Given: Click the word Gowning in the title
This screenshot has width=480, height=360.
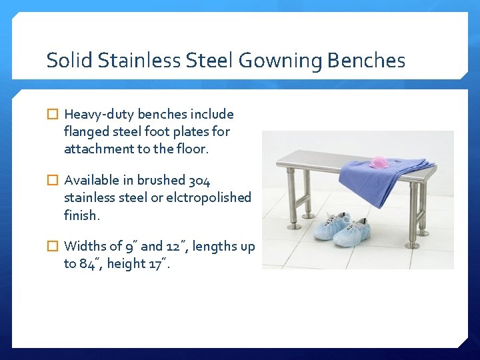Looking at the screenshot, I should click(x=280, y=61).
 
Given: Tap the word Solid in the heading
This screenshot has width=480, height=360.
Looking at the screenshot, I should click(x=70, y=61).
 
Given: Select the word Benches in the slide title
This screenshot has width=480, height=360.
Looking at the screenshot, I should click(x=366, y=61).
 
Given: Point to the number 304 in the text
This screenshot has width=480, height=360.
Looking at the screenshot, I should click(x=199, y=181).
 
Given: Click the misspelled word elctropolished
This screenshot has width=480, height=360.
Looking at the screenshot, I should click(x=210, y=198).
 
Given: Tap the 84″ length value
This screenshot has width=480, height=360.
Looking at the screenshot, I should click(x=89, y=264).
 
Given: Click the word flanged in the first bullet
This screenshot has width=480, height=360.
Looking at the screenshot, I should click(x=85, y=132).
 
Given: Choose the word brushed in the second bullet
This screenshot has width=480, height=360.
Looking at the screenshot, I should click(x=161, y=181).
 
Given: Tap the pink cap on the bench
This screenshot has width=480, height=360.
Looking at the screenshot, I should click(x=380, y=162).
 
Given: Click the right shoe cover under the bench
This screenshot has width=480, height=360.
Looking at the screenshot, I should click(x=353, y=233).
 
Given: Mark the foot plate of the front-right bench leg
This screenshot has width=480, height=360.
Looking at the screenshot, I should click(x=413, y=245).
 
